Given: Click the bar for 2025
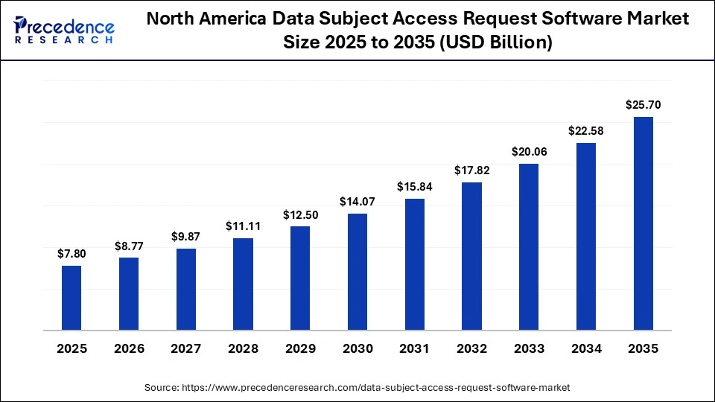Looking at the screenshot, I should tap(71, 297).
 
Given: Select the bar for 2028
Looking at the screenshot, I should tap(243, 284).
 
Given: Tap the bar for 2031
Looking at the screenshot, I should tap(415, 264).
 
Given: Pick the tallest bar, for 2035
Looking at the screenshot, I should tap(643, 223).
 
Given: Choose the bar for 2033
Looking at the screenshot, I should tap(529, 246).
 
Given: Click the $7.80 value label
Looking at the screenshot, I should tap(71, 254).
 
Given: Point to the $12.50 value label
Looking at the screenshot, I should tap(300, 214).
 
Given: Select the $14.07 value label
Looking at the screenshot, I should tap(357, 202).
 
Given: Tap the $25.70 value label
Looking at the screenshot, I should tap(643, 105).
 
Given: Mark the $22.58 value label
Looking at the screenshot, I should tap(586, 131).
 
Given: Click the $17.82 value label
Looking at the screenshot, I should tap(472, 170).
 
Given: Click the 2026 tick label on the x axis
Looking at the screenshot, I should tap(129, 348).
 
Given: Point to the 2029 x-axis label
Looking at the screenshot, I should tap(300, 348).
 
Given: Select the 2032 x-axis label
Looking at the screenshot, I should tap(472, 348).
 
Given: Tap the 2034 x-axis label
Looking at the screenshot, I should tap(586, 348).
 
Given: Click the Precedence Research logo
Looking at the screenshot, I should tap(63, 31).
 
